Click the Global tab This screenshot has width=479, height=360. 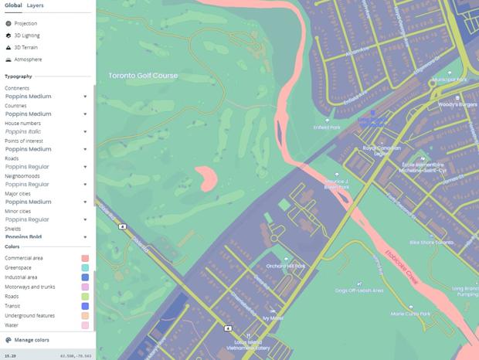[x=13, y=5]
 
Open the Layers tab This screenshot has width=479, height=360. [x=35, y=5]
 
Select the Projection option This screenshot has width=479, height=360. [x=25, y=23]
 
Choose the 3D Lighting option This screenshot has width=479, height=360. [x=26, y=36]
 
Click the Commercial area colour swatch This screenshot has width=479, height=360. [x=85, y=259]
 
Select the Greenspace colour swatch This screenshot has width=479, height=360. [x=85, y=268]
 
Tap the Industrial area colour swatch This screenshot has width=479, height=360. [x=85, y=277]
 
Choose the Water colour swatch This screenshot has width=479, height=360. [x=85, y=325]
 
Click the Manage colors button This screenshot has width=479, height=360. [x=31, y=340]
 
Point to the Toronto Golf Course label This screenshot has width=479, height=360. [x=143, y=76]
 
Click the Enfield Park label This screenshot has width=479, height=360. [x=326, y=127]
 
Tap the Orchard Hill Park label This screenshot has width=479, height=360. [x=286, y=266]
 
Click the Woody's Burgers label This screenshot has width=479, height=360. [x=458, y=104]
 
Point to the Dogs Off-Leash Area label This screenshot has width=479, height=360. [x=359, y=290]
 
